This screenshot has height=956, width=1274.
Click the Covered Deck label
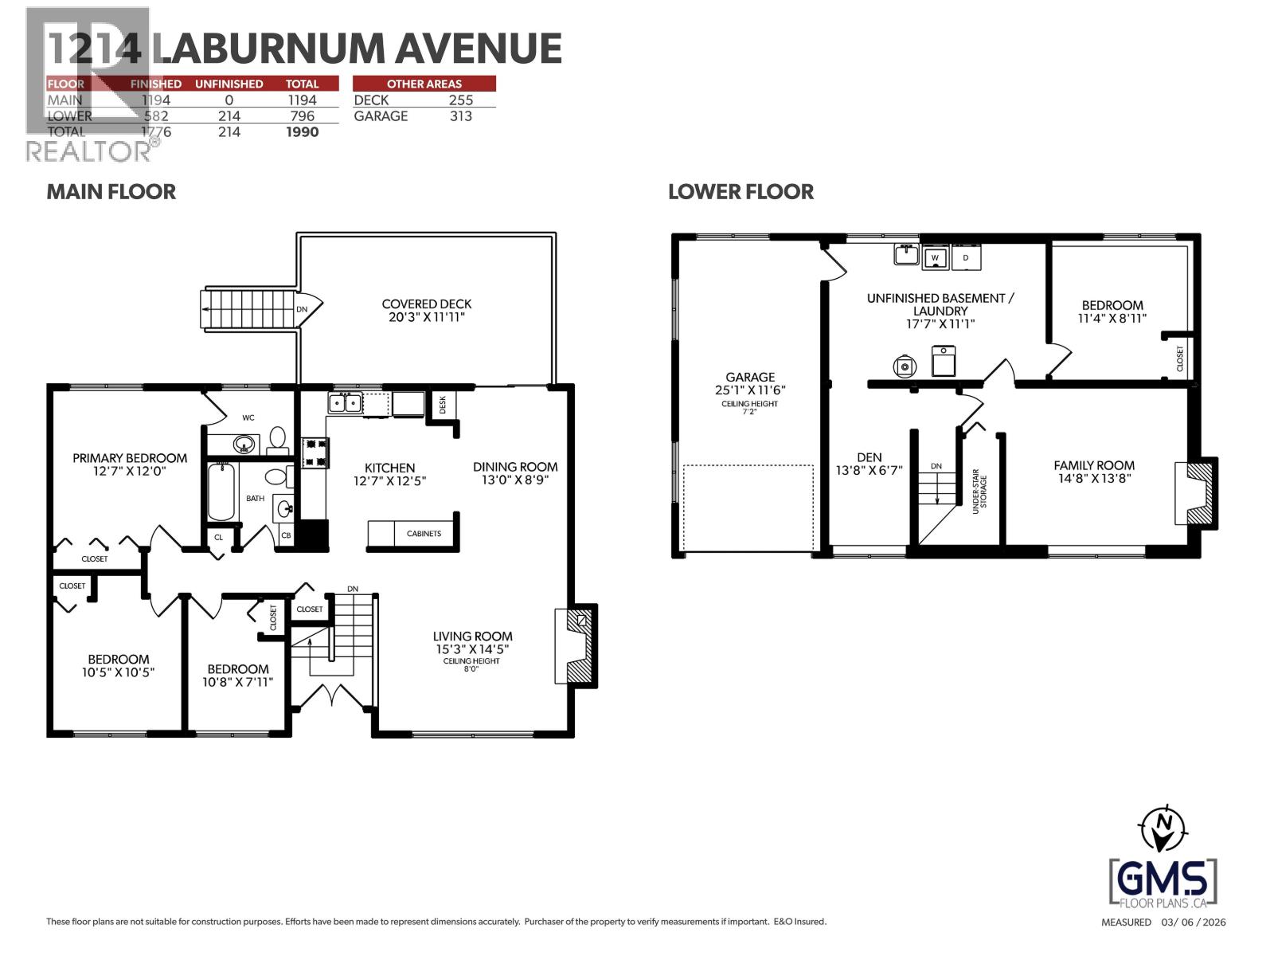pos(426,304)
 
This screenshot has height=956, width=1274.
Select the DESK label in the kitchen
pos(443,406)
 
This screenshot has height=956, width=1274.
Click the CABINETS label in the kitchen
pos(423,534)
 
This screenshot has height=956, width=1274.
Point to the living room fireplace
pos(576,645)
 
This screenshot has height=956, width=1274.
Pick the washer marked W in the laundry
pos(937,257)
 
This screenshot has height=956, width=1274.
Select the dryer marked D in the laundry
pos(966,257)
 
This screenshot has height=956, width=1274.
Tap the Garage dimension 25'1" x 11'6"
pos(750,390)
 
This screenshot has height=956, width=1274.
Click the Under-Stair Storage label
pos(979,495)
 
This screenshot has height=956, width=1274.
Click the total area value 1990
pos(302,132)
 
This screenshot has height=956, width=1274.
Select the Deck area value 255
pos(460,100)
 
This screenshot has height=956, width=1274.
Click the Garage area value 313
pos(460,116)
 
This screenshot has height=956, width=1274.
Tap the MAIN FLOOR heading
pos(111,192)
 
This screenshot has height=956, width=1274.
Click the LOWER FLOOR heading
pos(741,192)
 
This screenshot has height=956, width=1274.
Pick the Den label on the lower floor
pos(869,457)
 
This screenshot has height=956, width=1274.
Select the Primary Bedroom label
pos(130,458)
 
